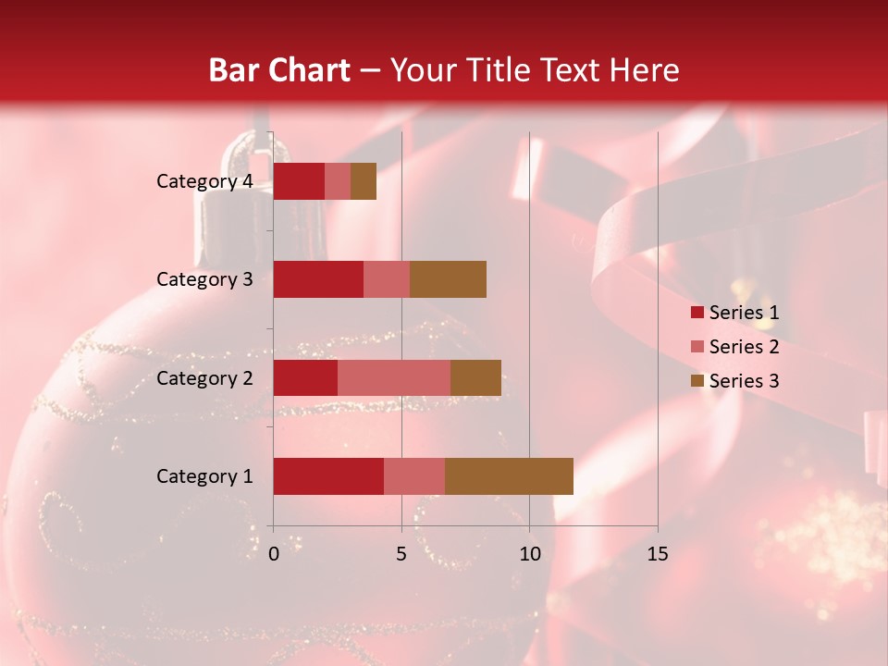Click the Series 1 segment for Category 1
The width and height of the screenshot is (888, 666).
[328, 476]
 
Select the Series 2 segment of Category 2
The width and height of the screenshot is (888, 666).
[394, 377]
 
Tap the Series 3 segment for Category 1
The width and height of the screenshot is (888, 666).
[509, 476]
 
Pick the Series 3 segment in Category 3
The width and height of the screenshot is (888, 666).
[448, 279]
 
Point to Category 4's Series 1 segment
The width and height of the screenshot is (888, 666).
[299, 181]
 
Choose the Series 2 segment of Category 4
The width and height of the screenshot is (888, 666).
[338, 181]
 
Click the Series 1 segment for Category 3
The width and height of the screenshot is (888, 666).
[318, 279]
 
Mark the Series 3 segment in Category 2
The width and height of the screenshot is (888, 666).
[475, 377]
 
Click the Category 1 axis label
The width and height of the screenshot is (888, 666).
[204, 476]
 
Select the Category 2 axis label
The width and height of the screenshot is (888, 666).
[204, 378]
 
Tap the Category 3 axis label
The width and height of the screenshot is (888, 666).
[204, 279]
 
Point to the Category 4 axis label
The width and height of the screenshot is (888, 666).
[204, 181]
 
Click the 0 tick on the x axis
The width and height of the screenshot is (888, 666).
[274, 554]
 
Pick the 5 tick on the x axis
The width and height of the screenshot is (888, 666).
[401, 554]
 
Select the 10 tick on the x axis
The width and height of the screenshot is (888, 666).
[529, 554]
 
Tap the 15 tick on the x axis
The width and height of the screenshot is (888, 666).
[657, 554]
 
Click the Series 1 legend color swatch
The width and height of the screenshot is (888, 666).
[697, 313]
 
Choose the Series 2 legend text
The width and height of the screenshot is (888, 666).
[744, 347]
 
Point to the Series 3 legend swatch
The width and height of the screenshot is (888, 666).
[697, 381]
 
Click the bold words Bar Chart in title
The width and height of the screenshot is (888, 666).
[278, 70]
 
